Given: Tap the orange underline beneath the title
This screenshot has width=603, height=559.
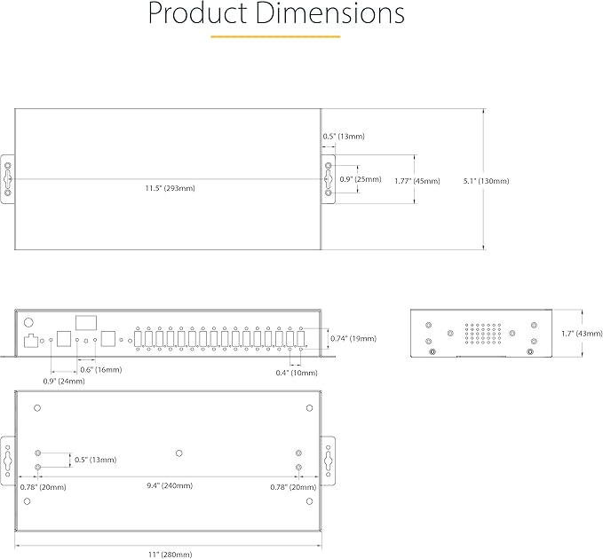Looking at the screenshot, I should (x=275, y=36).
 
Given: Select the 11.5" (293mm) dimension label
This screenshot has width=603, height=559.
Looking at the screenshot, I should (x=171, y=188).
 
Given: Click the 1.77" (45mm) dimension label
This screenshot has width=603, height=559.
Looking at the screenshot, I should (x=417, y=181).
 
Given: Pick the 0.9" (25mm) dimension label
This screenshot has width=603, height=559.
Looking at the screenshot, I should (x=361, y=179).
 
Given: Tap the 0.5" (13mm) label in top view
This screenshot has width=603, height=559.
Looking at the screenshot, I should (x=344, y=137).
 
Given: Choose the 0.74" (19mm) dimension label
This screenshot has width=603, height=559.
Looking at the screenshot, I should (x=353, y=338).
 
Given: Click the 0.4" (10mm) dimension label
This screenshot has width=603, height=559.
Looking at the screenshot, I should (x=296, y=372).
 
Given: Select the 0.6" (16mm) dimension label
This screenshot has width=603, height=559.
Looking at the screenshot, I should (x=101, y=369).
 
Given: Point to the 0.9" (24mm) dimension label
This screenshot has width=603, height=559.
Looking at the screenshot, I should (x=64, y=381).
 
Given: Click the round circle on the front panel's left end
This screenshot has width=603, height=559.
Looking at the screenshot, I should (x=28, y=323).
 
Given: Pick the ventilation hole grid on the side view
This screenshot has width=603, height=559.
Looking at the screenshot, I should (x=480, y=334).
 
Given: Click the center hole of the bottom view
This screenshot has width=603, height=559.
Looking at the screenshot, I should (x=179, y=452).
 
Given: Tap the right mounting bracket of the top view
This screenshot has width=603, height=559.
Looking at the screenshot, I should (x=328, y=180).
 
